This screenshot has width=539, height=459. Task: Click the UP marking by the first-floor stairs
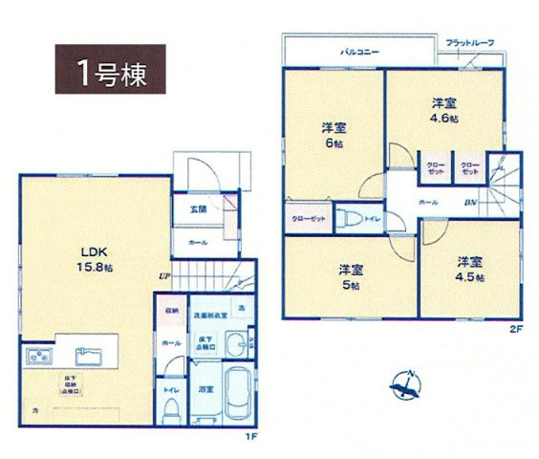(x=163, y=277)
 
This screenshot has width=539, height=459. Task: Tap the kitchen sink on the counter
(x=90, y=359)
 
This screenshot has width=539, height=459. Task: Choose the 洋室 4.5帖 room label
(x=469, y=268)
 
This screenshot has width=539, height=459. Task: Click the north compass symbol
(x=407, y=383)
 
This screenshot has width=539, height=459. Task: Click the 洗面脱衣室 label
(x=209, y=314)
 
